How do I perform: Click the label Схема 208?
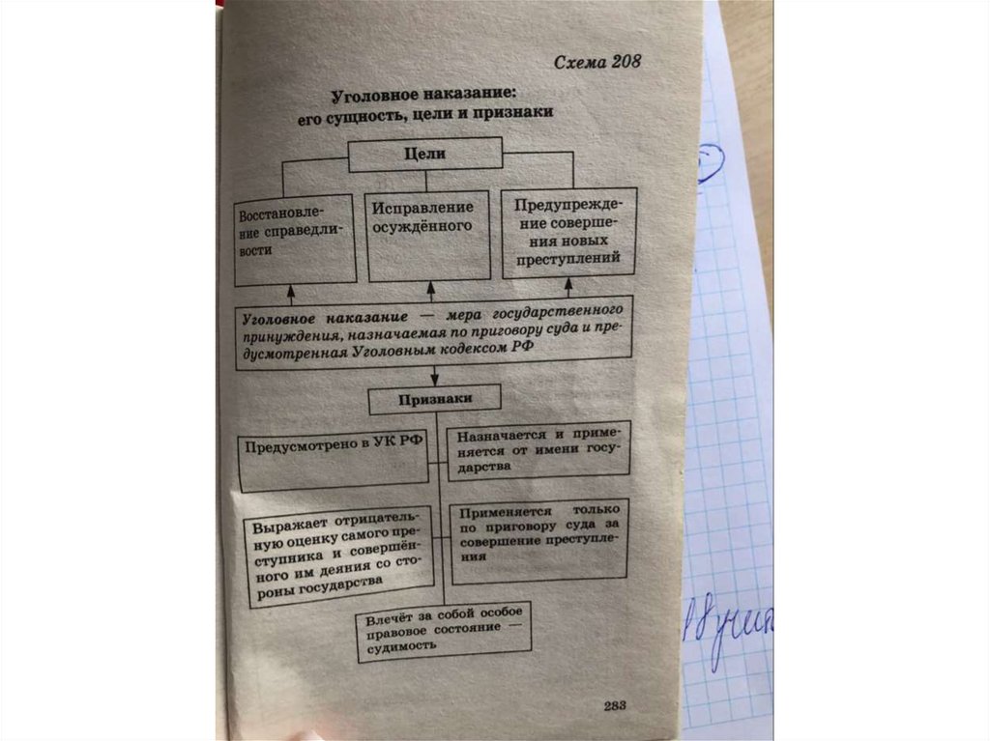pos(597,63)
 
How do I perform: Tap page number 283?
pos(614,704)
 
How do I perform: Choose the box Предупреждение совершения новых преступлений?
pos(568,233)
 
